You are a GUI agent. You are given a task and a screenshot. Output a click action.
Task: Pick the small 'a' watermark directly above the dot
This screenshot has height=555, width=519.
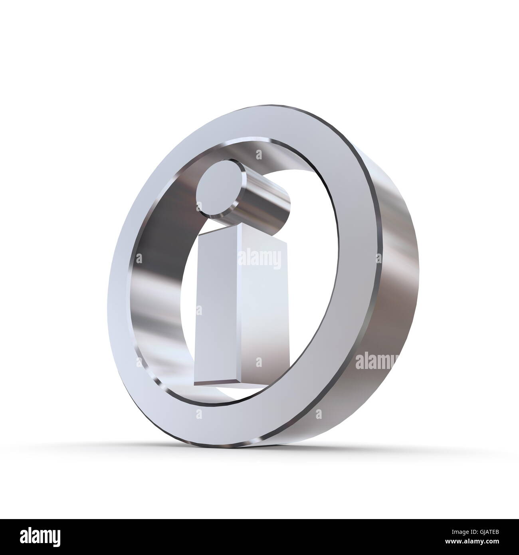[x=259, y=155]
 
